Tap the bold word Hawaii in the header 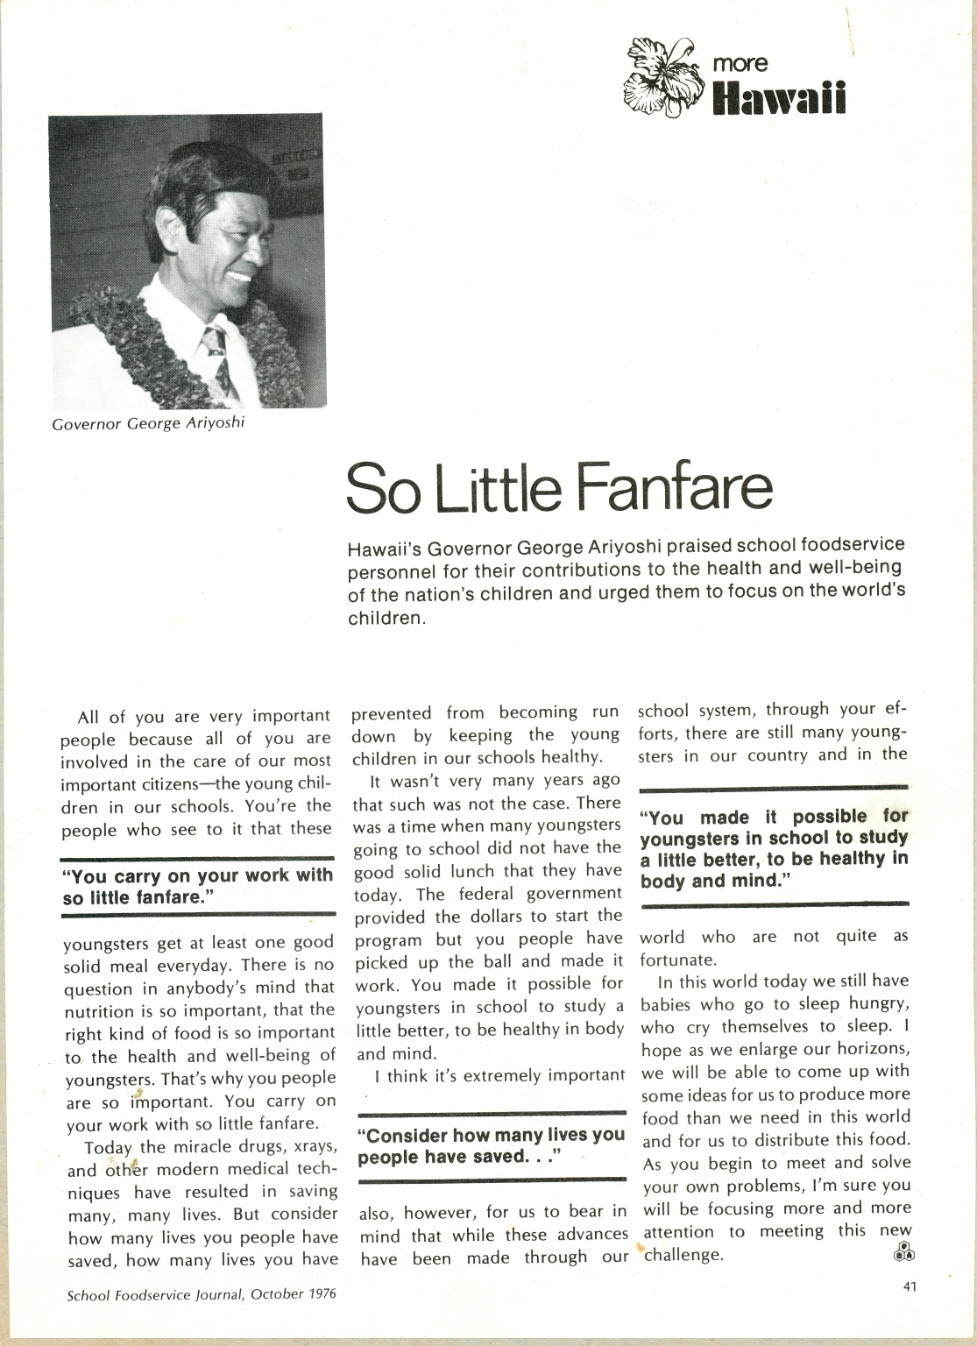pos(780,98)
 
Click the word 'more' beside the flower pos(740,63)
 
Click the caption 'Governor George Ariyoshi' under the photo pos(147,425)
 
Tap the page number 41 pos(909,1286)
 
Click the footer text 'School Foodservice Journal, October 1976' pos(202,1293)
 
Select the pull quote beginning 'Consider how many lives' pos(492,1146)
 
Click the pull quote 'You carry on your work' pos(198,886)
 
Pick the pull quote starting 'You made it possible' pos(774,848)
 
